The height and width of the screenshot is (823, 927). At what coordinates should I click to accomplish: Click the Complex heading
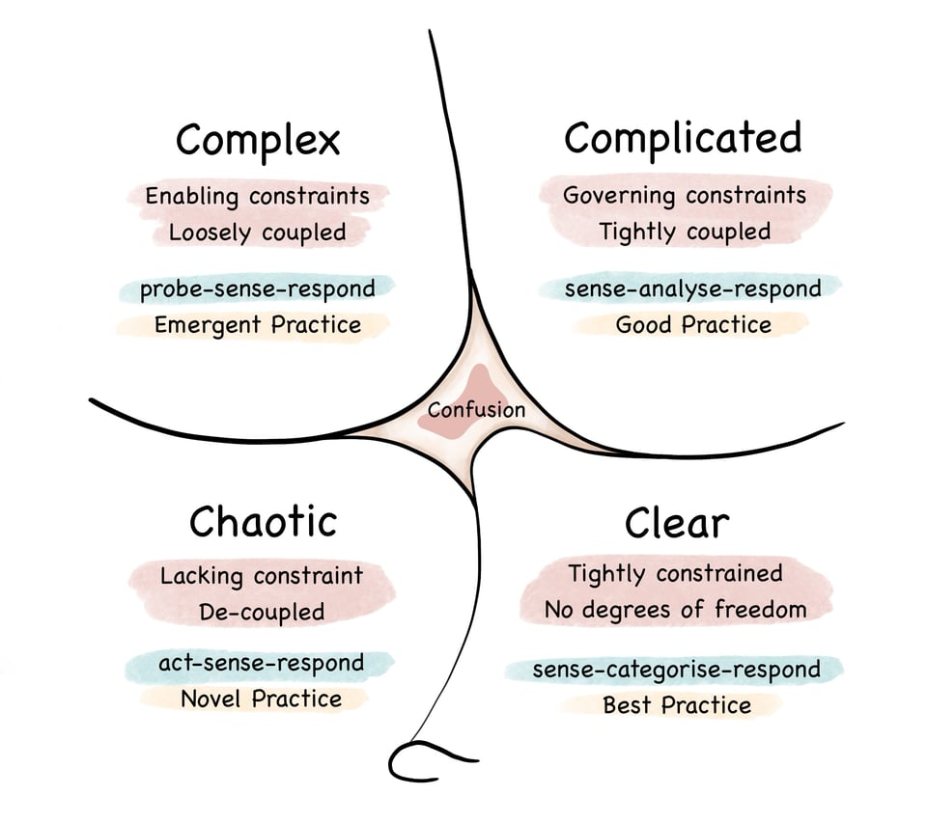point(258,141)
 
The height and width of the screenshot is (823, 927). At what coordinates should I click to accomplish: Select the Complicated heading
point(683,139)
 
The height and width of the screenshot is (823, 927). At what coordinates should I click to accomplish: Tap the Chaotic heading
point(263,522)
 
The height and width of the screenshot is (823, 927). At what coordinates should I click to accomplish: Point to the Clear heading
point(676,523)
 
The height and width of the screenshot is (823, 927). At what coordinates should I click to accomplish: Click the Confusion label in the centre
point(476,410)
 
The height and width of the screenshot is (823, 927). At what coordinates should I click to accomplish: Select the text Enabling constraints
point(257,197)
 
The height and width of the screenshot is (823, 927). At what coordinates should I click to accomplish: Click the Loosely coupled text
point(257,233)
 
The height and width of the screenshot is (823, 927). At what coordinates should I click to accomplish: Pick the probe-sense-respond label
point(257,288)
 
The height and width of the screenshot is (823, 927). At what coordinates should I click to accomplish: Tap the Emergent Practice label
point(258,325)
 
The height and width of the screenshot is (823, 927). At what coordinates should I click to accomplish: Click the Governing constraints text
point(684,195)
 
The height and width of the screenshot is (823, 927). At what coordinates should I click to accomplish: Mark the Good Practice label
point(693,325)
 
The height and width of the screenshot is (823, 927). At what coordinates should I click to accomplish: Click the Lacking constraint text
point(262,576)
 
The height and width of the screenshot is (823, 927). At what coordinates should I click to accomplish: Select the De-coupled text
point(262,612)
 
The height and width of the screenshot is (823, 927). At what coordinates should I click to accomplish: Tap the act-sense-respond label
point(261,663)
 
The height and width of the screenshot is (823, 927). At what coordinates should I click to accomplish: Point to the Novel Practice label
point(261,699)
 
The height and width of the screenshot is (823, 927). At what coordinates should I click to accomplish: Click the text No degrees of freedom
point(674,610)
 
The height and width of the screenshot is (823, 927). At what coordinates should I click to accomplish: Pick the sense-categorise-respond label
point(676,669)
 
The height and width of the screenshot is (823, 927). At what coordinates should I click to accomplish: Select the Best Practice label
point(676,705)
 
